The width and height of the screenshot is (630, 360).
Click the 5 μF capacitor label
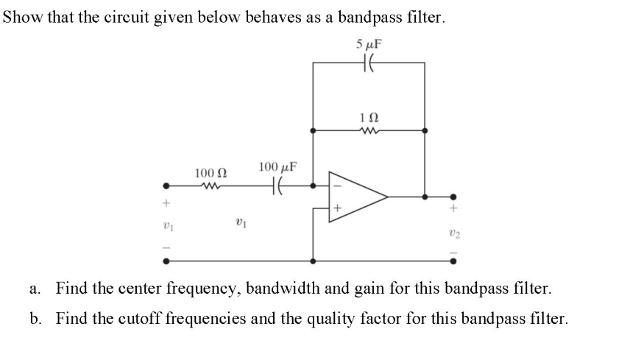(369, 43)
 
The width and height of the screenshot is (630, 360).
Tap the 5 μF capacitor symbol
(369, 63)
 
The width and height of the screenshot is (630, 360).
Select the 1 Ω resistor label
(369, 118)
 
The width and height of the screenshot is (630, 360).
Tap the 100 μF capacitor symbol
(277, 186)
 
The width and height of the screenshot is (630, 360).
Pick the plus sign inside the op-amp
(338, 209)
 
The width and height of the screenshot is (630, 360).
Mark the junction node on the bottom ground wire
(314, 260)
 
